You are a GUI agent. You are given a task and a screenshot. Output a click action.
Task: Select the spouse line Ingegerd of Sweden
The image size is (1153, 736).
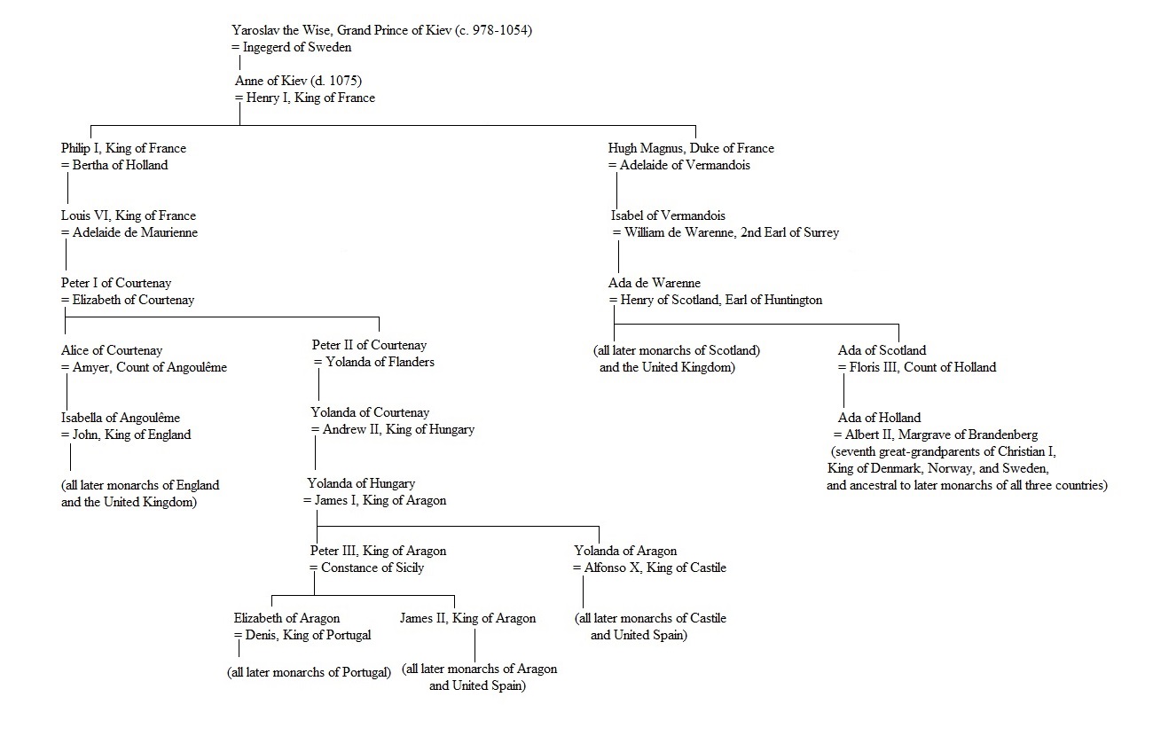coord(297,47)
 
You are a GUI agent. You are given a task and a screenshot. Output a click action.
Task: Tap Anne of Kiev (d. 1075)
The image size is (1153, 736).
coord(299,81)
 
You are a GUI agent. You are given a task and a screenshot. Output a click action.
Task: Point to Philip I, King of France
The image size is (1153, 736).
coord(123,148)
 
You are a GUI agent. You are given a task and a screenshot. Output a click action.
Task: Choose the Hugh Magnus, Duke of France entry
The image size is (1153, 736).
coord(691,148)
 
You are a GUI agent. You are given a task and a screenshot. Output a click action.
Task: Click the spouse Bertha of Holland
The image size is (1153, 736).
coord(120,165)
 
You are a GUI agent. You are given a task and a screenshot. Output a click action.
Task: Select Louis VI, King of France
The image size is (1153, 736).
coord(129,215)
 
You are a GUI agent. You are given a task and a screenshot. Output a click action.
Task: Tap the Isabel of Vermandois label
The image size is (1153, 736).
coord(668,215)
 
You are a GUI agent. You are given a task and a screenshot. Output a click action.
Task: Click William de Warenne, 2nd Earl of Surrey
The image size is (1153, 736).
coord(732,232)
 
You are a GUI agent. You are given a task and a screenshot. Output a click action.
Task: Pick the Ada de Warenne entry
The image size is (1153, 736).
coord(655,283)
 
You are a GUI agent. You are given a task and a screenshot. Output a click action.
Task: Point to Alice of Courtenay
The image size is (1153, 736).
coord(112,350)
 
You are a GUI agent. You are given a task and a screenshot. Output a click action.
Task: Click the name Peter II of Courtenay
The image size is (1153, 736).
coord(369,345)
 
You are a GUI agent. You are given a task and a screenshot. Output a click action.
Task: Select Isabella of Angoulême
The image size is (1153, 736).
coord(121,418)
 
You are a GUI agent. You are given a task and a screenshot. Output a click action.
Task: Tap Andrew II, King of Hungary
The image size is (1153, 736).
coord(398,430)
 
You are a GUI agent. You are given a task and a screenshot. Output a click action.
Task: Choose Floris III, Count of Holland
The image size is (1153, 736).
coord(922,367)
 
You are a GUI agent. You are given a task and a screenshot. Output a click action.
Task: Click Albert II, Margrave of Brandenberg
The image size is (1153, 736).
coord(941,435)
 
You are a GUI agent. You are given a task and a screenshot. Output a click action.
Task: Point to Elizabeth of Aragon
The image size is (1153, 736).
coord(286,619)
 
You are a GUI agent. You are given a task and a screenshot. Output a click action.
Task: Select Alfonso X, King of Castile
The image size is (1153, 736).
coord(655,568)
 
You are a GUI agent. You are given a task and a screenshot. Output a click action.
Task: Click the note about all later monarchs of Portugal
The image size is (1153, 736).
coord(309,673)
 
